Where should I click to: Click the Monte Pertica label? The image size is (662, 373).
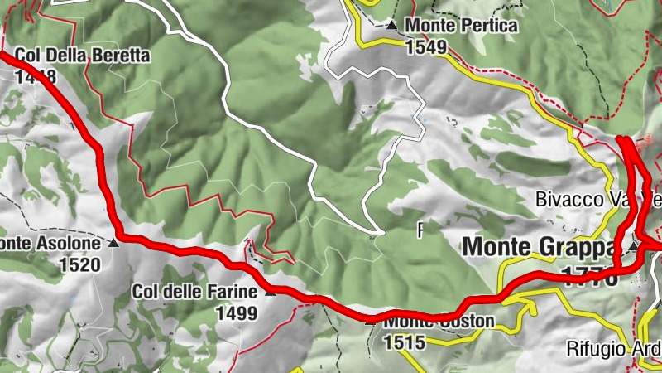pyautogui.click(x=462, y=26)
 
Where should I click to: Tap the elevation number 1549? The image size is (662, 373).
pyautogui.click(x=426, y=47)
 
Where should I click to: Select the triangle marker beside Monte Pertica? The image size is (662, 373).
pyautogui.click(x=391, y=26)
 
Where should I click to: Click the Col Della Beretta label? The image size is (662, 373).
pyautogui.click(x=82, y=56)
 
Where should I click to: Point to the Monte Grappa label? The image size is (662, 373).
pyautogui.click(x=540, y=246)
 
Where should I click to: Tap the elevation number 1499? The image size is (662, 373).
pyautogui.click(x=236, y=313)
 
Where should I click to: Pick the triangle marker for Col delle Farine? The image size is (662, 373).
pyautogui.click(x=270, y=292)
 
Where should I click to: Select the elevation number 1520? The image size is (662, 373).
pyautogui.click(x=79, y=265)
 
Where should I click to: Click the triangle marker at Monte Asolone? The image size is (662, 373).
pyautogui.click(x=114, y=244)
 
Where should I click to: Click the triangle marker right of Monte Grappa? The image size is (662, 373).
pyautogui.click(x=634, y=247)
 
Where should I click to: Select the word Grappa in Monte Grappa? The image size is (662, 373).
pyautogui.click(x=579, y=246)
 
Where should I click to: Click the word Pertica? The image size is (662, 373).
pyautogui.click(x=488, y=26)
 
